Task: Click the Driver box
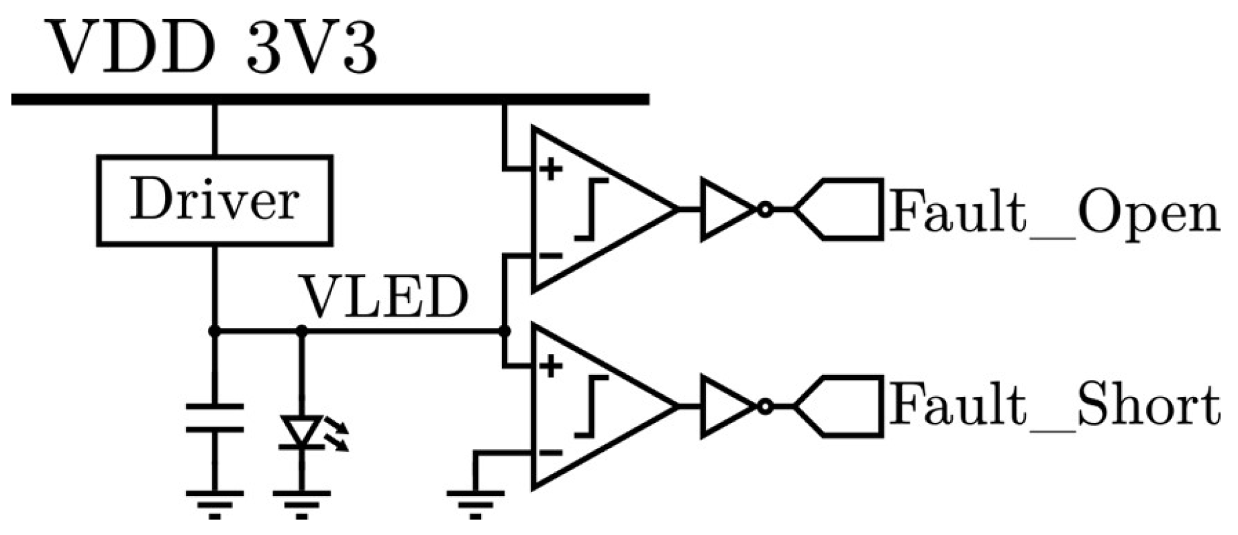[x=214, y=200]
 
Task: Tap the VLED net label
[x=384, y=297]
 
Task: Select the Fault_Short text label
[x=1053, y=406]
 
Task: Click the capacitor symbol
[x=214, y=417]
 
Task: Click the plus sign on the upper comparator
[x=551, y=170]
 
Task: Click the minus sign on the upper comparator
[x=551, y=255]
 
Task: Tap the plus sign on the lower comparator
[x=551, y=366]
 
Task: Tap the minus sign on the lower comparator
[x=551, y=453]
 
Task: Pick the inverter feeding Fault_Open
[x=728, y=209]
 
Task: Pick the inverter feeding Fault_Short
[x=728, y=406]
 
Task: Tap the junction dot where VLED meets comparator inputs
[x=505, y=331]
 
